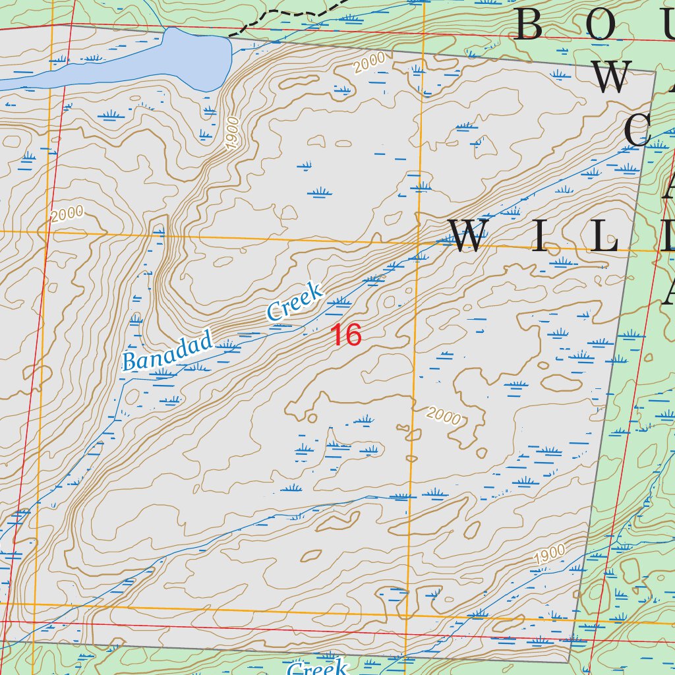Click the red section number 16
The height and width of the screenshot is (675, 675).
(346, 335)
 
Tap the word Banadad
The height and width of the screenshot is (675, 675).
(168, 352)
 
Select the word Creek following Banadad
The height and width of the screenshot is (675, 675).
(295, 302)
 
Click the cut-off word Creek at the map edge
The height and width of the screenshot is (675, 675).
(317, 668)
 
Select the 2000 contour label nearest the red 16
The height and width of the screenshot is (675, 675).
(443, 415)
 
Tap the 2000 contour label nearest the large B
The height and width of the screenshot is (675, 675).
(369, 63)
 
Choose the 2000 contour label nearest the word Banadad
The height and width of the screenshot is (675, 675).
(67, 214)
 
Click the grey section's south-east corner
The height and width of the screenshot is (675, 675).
(568, 660)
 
